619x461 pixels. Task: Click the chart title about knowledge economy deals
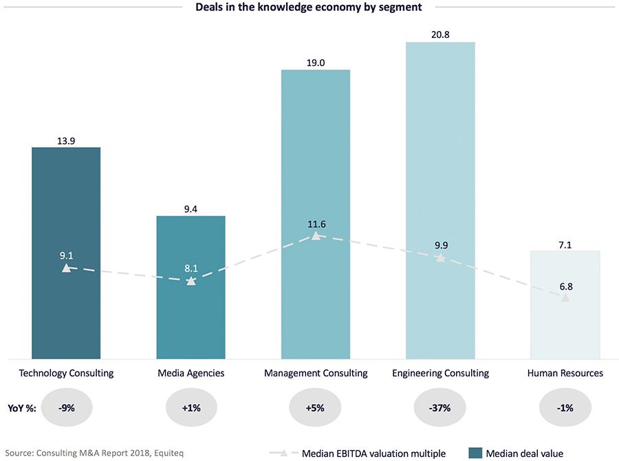[x=309, y=8]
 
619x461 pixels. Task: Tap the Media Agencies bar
[x=191, y=317]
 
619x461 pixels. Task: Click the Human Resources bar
[x=565, y=330]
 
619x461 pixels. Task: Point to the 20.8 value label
[x=440, y=34]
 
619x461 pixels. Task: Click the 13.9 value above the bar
[x=66, y=140]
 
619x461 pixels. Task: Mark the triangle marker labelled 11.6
[x=316, y=235]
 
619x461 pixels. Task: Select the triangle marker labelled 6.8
[x=565, y=297]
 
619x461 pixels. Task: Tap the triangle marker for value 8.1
[x=191, y=281]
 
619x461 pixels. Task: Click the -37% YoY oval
[x=440, y=407]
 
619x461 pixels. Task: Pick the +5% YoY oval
[x=316, y=407]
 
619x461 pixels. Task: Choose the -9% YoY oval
[x=66, y=407]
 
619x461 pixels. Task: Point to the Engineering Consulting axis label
[x=440, y=374]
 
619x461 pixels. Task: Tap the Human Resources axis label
[x=565, y=374]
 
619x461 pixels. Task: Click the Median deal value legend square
[x=474, y=453]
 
